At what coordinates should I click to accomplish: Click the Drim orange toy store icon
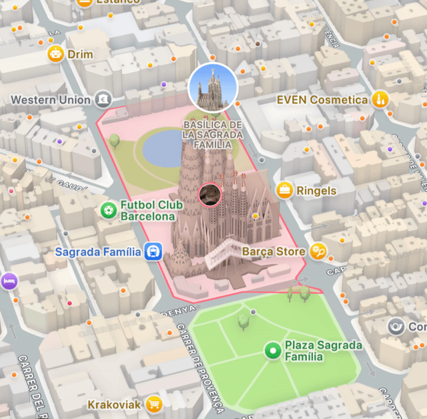click(55, 54)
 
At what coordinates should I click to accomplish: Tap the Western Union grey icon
click(102, 100)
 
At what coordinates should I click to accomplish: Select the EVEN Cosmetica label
click(322, 100)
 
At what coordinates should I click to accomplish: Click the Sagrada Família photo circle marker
click(213, 87)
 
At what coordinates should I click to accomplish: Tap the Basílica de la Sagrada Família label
click(213, 135)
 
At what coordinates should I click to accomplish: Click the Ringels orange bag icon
click(286, 190)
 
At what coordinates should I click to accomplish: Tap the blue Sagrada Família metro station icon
click(153, 252)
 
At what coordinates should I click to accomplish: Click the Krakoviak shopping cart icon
click(155, 404)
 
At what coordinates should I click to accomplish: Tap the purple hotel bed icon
click(8, 281)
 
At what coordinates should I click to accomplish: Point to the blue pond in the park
click(163, 148)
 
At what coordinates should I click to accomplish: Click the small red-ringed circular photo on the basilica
click(211, 194)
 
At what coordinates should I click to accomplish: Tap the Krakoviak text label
click(114, 405)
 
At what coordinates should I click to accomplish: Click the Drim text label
click(80, 54)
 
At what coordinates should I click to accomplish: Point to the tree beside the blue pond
click(114, 140)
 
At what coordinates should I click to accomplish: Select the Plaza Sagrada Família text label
click(323, 351)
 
